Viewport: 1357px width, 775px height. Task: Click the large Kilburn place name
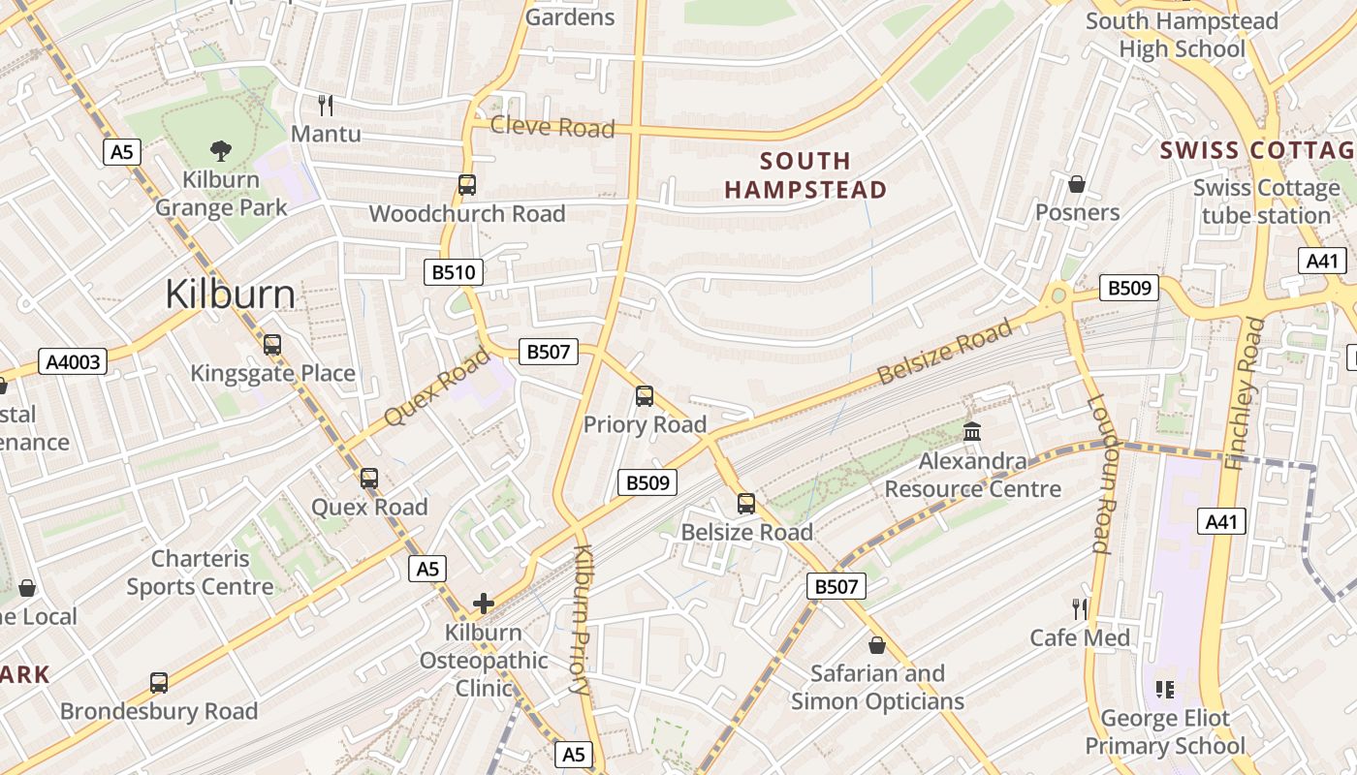tap(230, 294)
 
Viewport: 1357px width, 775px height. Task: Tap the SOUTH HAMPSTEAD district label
tap(805, 175)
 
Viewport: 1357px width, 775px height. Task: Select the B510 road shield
tap(453, 272)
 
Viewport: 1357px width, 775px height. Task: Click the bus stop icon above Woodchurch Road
tap(467, 184)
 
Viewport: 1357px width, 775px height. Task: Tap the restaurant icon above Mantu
tap(326, 105)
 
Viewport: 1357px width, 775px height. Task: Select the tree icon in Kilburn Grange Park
tap(221, 150)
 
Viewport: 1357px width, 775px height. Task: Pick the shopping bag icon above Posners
tap(1076, 184)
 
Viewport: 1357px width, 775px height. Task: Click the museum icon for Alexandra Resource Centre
tap(972, 432)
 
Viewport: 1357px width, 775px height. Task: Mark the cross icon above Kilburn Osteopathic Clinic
tap(483, 604)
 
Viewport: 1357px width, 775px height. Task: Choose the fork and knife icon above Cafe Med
tap(1080, 608)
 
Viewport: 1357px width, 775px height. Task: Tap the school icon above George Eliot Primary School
tap(1164, 690)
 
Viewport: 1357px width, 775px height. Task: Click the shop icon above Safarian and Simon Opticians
tap(877, 644)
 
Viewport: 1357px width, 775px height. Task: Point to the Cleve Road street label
tap(552, 127)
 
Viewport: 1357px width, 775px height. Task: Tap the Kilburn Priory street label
tap(582, 620)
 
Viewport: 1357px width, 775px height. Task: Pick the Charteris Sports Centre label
tap(200, 573)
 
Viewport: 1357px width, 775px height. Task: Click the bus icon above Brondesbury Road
tap(159, 682)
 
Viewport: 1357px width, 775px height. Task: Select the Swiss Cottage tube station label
tap(1266, 201)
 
